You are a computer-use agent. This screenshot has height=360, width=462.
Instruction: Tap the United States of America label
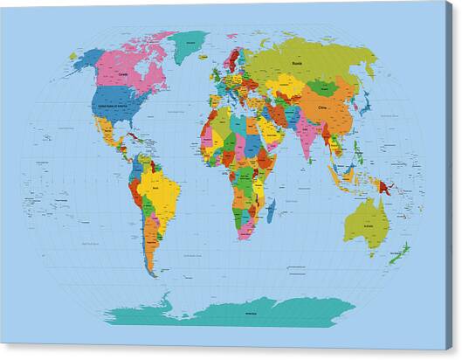click(x=115, y=103)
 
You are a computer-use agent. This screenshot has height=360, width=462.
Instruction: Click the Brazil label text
click(x=158, y=186)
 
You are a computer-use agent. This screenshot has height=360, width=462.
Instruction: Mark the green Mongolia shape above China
click(x=325, y=88)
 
